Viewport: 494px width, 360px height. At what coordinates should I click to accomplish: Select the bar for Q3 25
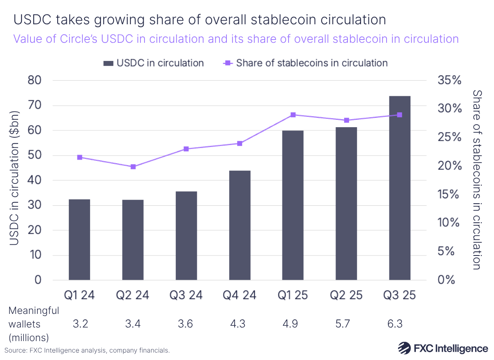tap(399, 188)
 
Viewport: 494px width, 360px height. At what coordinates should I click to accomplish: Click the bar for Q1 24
tap(79, 239)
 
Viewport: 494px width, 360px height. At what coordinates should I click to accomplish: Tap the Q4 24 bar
tap(240, 225)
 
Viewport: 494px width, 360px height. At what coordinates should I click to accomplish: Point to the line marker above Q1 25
tap(293, 115)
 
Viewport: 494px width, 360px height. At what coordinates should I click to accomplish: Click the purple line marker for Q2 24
tap(133, 167)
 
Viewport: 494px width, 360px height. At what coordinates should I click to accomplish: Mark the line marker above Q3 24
tap(186, 149)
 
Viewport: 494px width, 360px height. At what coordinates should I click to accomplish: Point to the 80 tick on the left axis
tap(35, 80)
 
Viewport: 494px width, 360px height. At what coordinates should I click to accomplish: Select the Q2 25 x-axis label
tap(346, 295)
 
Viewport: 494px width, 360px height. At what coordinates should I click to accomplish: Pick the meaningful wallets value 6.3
tap(399, 324)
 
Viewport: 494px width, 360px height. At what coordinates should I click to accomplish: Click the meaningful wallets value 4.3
tap(240, 324)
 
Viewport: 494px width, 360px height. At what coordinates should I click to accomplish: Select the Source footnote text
tap(87, 351)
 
